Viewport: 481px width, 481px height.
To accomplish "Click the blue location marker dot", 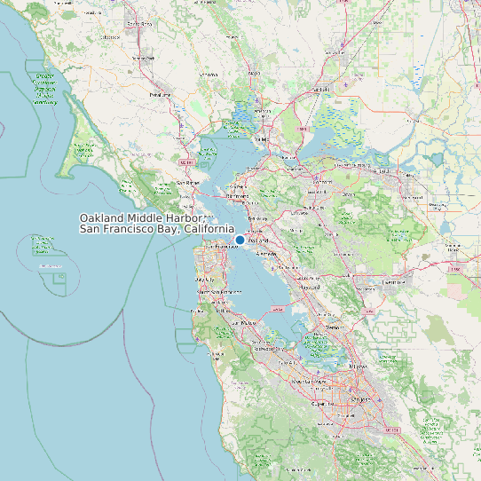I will click(x=240, y=240).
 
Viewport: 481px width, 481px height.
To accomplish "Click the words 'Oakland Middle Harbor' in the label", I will click(x=142, y=218).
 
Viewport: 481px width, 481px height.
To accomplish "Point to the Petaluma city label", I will click(x=160, y=93).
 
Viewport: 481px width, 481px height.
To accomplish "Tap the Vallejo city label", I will click(x=262, y=139).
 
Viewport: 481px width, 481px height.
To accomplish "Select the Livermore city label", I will click(x=391, y=281).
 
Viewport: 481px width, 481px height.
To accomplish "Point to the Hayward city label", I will click(x=310, y=287).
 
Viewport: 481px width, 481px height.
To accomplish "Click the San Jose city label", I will click(x=359, y=399).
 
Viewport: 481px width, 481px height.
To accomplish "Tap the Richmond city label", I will click(x=234, y=195).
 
